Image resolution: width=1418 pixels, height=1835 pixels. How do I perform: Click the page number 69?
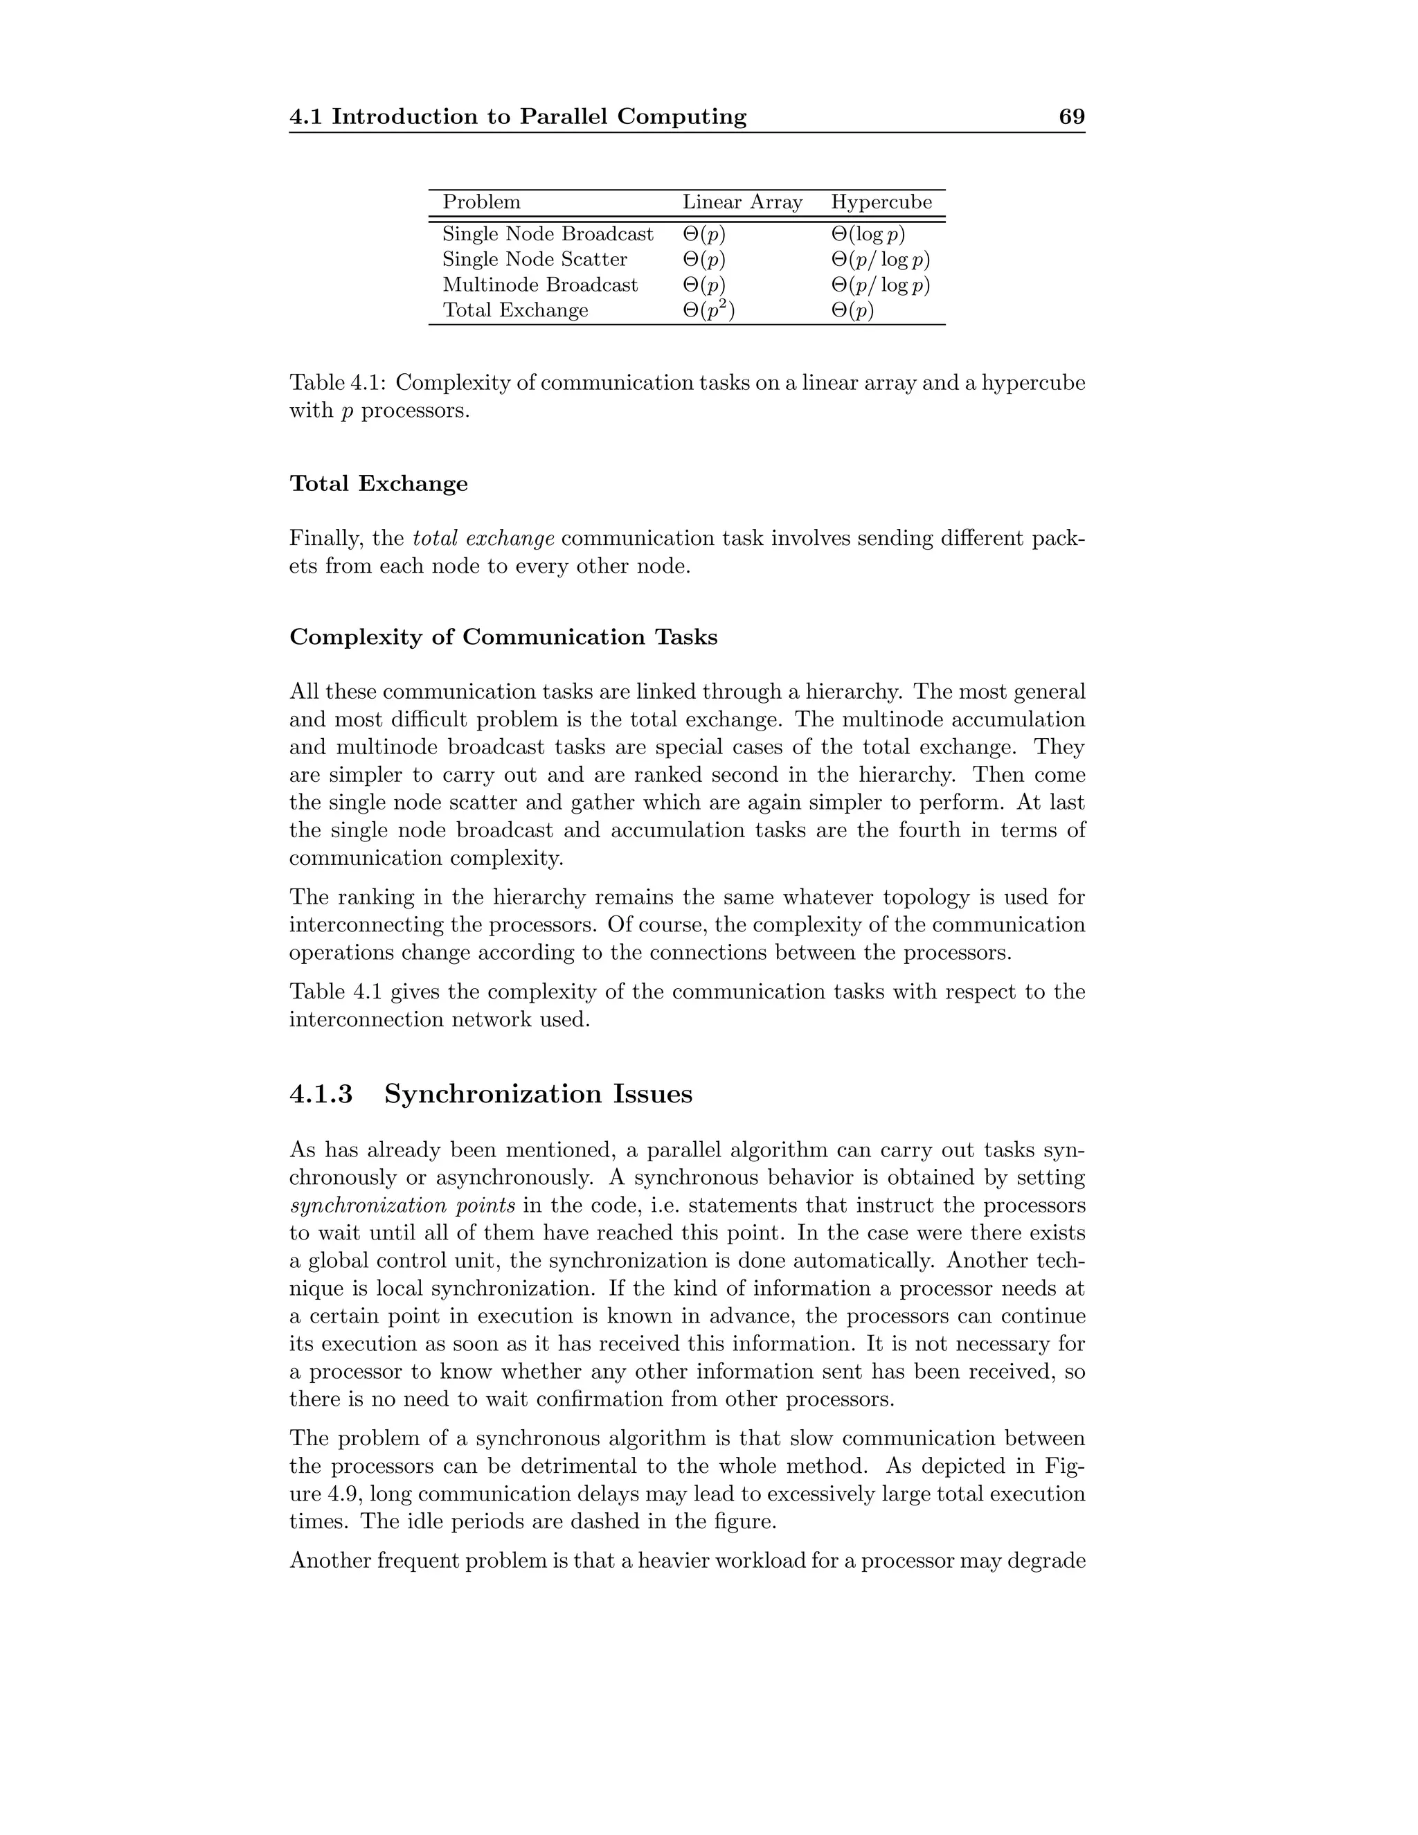[x=1071, y=117]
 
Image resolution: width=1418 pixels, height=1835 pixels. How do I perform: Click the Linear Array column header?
[x=742, y=202]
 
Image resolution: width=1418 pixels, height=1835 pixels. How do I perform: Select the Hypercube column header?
[x=881, y=202]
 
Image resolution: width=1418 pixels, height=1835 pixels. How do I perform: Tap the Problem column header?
[x=481, y=202]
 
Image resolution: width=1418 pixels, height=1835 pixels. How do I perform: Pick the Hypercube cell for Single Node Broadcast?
[x=868, y=235]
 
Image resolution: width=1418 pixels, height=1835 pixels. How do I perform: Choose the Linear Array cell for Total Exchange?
[x=708, y=310]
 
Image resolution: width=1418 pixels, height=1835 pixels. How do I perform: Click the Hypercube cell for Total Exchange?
[x=852, y=311]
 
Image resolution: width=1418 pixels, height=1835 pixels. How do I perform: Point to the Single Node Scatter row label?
[x=535, y=260]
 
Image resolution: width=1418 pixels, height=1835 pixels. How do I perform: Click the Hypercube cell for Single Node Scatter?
[x=881, y=260]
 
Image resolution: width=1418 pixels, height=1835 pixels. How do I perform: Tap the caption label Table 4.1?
[x=338, y=383]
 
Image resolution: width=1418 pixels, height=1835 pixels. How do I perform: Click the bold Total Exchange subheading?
[x=378, y=484]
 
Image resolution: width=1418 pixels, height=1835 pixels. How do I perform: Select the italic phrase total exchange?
[x=483, y=538]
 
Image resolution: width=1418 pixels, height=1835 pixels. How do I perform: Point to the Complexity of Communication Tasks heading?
[x=503, y=637]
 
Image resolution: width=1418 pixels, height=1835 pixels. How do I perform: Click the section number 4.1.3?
[x=321, y=1094]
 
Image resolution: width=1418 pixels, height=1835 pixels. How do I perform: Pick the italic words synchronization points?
[x=402, y=1206]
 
